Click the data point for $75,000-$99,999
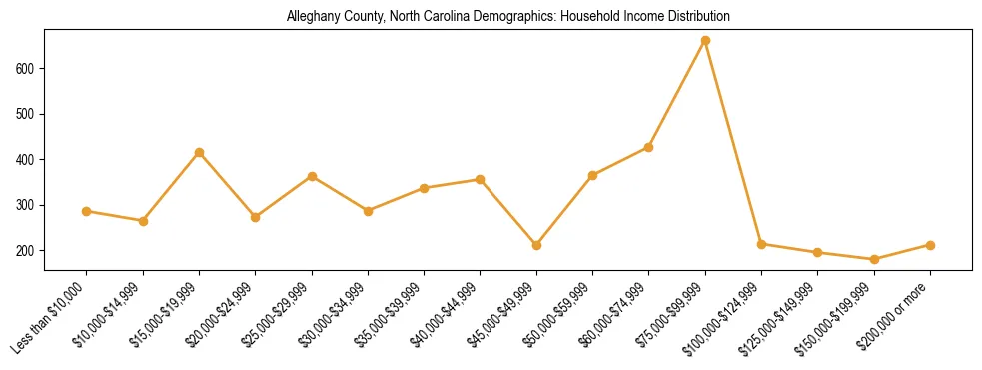click(x=705, y=41)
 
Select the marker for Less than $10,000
click(x=87, y=211)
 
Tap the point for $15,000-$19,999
click(x=199, y=152)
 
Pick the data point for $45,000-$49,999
click(x=536, y=245)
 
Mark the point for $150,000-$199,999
click(x=874, y=259)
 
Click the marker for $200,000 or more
click(x=930, y=245)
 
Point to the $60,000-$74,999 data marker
click(x=649, y=147)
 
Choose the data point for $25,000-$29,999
click(x=312, y=176)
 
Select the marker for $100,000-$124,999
click(x=761, y=244)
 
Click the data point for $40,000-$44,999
click(x=481, y=180)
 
